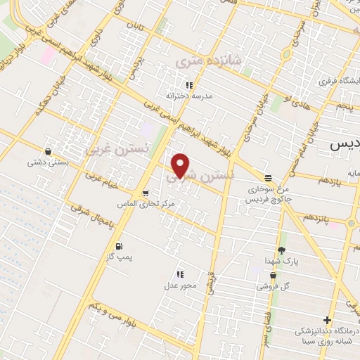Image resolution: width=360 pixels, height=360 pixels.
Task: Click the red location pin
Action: point(181,165)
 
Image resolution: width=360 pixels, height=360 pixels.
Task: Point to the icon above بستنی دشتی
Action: point(47,151)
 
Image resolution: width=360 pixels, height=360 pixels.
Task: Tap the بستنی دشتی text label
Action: point(44,162)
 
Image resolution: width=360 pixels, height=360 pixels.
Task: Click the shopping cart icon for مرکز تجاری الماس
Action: point(145,193)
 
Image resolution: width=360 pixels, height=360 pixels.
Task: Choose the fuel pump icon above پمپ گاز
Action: point(118,246)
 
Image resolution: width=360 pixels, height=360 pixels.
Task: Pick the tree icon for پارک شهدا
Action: point(282,250)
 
